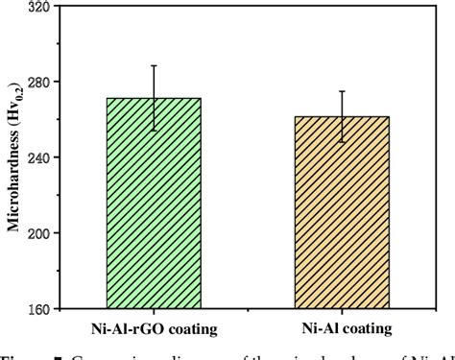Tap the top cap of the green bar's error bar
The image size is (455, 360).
pos(154,65)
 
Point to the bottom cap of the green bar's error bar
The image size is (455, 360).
pos(154,131)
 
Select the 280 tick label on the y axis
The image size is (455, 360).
pos(39,82)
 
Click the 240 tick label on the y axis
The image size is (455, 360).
pos(39,157)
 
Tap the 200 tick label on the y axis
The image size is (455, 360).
pos(39,233)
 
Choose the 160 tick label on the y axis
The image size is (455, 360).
pos(39,309)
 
